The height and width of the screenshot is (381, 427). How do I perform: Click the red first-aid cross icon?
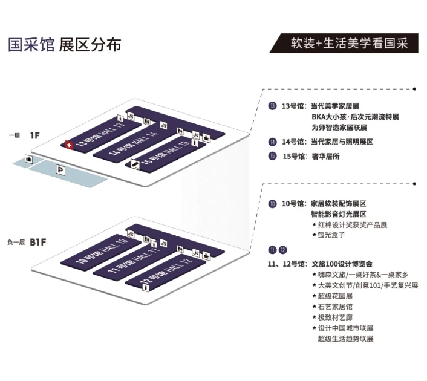coord(69,145)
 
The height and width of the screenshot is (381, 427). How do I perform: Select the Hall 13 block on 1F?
coord(103,134)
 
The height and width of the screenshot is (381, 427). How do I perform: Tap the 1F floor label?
coord(34,135)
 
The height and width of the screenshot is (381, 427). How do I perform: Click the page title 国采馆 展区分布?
coord(65,45)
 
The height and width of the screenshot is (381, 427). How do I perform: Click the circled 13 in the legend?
coord(273,106)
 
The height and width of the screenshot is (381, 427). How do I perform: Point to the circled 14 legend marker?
coord(273,142)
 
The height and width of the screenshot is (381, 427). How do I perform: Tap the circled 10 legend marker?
coord(273,204)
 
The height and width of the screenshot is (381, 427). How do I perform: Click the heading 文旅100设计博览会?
coord(341,264)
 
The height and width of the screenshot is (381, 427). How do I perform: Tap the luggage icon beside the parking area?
coord(29,159)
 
